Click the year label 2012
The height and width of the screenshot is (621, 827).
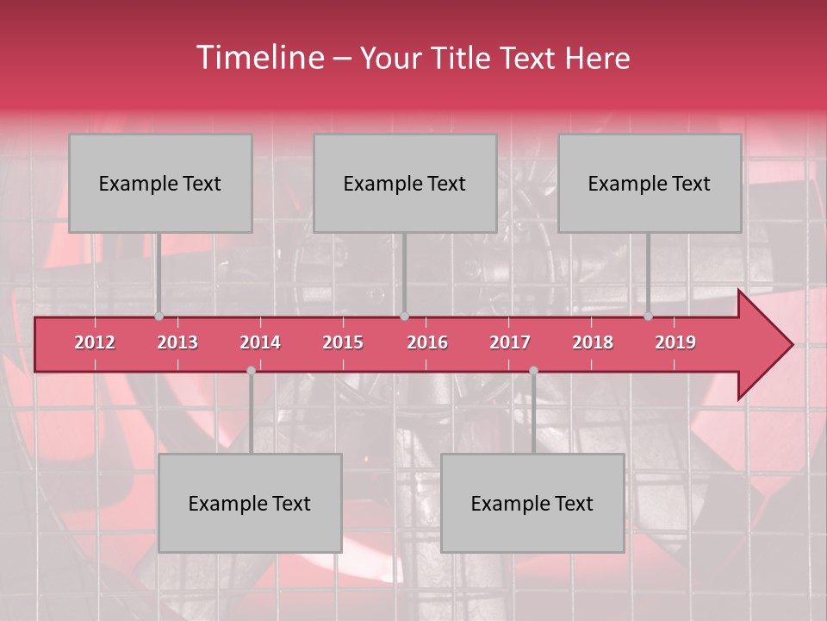[95, 342]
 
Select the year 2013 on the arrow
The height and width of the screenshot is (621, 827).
[177, 342]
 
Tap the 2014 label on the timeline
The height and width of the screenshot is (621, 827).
[260, 342]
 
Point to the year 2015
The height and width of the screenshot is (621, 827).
[343, 342]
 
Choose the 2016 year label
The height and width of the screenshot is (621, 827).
[427, 342]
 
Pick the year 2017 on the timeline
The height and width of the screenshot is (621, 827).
[510, 342]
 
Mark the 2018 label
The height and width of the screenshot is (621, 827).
[593, 342]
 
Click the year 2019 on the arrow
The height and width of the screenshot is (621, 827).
[675, 342]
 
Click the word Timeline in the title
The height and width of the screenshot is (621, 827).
[258, 58]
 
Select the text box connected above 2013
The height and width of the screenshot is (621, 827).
[160, 183]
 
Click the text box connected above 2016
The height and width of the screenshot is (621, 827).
[405, 183]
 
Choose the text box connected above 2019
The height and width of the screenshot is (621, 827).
[650, 183]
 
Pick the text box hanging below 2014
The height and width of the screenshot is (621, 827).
[250, 503]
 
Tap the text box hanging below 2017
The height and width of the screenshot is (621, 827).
[532, 503]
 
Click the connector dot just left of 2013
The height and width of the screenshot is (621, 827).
[159, 317]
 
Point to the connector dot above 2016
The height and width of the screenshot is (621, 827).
[405, 317]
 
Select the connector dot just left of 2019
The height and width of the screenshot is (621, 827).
[649, 317]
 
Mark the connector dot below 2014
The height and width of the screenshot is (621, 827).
[251, 370]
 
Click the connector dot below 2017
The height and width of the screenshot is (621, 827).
[533, 370]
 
